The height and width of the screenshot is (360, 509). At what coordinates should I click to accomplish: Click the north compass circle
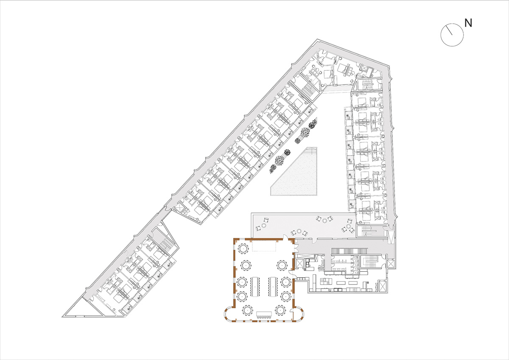point(452,35)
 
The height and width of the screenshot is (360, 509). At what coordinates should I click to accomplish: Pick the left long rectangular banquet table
point(255,286)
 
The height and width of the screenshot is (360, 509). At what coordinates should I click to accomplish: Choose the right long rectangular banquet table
point(273,286)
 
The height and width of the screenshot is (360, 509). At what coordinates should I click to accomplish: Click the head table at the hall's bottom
point(264,315)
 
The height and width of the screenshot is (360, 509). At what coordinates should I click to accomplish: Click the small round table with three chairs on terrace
point(325,220)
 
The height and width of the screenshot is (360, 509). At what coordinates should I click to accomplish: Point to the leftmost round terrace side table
point(264,225)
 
